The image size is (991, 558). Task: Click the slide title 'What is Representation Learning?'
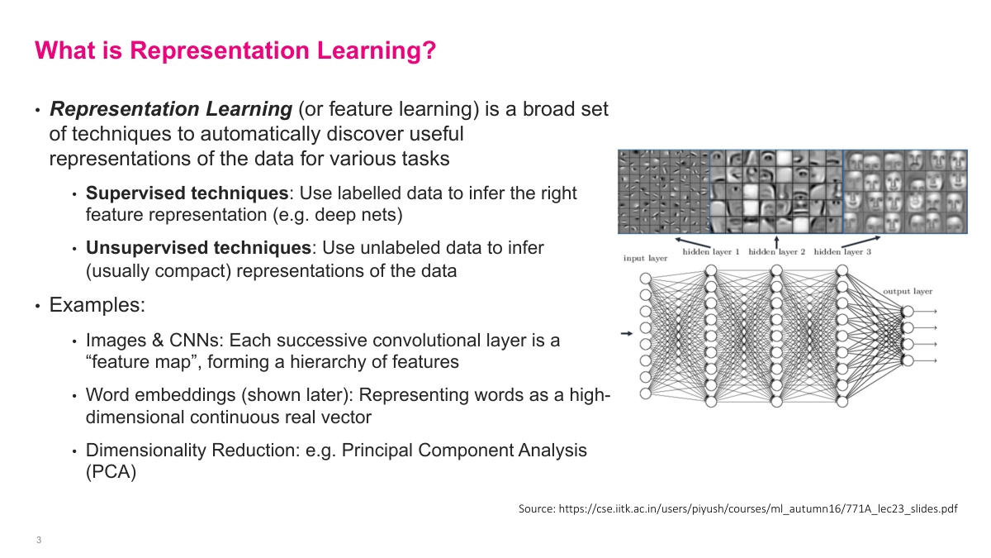click(x=235, y=50)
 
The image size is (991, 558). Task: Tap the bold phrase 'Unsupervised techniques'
click(x=199, y=248)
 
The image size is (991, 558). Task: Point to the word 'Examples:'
click(x=97, y=305)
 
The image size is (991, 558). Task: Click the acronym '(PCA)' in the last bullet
click(x=111, y=473)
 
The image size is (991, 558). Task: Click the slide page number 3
click(x=39, y=541)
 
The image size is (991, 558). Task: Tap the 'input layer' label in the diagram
click(x=645, y=259)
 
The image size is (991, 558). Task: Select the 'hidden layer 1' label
click(x=710, y=251)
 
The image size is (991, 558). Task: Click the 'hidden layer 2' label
click(x=776, y=251)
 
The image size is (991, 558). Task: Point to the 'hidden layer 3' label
click(x=842, y=251)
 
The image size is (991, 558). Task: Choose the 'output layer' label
click(x=908, y=291)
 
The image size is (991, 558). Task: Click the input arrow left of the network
click(x=626, y=333)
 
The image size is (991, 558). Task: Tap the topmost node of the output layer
click(x=908, y=312)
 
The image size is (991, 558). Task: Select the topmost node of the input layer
click(x=645, y=279)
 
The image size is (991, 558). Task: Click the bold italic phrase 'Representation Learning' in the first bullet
click(x=172, y=109)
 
